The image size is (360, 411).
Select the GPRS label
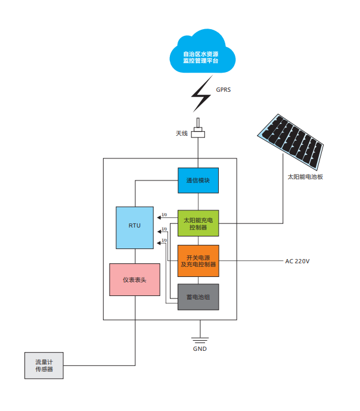tap(223, 90)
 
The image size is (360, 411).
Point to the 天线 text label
tap(182, 133)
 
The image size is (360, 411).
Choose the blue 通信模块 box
tap(198, 180)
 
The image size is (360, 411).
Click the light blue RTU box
tap(135, 227)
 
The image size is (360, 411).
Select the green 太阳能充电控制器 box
tap(198, 223)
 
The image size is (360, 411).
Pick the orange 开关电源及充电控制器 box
tap(198, 260)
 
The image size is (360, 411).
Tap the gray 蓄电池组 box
tap(198, 297)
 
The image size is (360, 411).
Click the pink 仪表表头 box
tap(135, 279)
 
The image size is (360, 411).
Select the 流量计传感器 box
tap(44, 365)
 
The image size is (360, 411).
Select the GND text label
tap(200, 348)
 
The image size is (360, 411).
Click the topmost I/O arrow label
tap(164, 215)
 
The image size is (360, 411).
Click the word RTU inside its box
tap(135, 226)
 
